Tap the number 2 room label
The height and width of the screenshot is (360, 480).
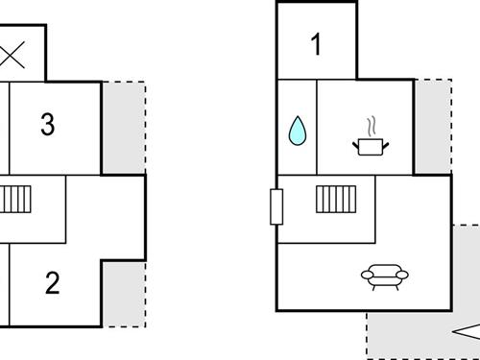[x=53, y=282]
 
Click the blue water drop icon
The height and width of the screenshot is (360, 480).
[x=297, y=132]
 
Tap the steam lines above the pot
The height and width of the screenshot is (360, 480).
[x=370, y=126]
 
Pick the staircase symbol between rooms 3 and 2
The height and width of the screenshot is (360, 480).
[x=16, y=200]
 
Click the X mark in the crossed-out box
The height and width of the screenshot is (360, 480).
[x=12, y=55]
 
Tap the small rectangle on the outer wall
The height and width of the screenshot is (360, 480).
[x=276, y=206]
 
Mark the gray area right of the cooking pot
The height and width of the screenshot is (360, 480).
[x=432, y=125]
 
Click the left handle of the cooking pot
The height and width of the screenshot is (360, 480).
[x=357, y=144]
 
